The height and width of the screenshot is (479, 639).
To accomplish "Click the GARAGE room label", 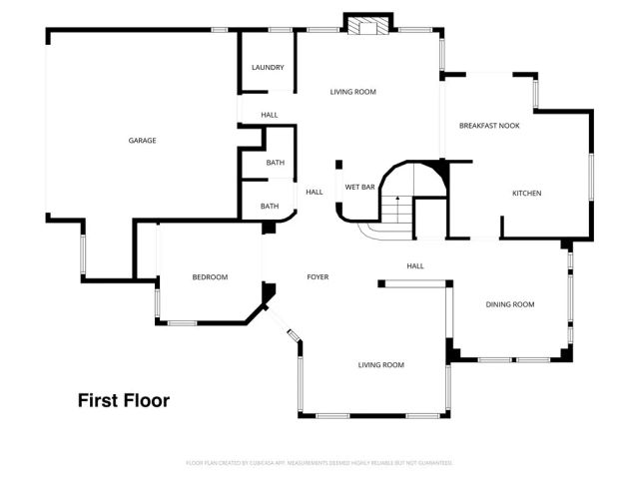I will [x=142, y=141].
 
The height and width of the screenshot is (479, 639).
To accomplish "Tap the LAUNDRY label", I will [x=268, y=68].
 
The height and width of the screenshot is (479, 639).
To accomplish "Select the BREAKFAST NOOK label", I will [x=489, y=126].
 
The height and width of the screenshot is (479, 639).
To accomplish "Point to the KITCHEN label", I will [x=527, y=194].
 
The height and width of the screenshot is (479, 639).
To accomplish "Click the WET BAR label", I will [x=359, y=187].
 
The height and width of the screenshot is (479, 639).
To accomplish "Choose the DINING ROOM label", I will [x=510, y=304].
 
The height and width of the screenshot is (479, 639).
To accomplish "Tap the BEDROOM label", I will [x=211, y=277].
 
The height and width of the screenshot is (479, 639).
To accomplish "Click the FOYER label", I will [x=318, y=277].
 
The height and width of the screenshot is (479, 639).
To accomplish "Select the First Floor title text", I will [x=124, y=401].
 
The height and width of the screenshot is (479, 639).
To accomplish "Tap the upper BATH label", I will [x=275, y=163].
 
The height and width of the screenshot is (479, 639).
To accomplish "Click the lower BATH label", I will [x=270, y=207].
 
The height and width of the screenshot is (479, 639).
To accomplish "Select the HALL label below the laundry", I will [x=270, y=116].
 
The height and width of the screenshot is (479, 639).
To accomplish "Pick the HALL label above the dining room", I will [x=415, y=266].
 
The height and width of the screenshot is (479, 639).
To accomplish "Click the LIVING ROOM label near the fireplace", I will [x=353, y=92].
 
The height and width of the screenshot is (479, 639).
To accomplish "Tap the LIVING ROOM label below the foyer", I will [x=381, y=365].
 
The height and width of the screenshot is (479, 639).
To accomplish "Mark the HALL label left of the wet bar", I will [x=314, y=193].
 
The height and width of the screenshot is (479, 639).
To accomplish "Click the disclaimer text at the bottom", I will [x=319, y=463].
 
